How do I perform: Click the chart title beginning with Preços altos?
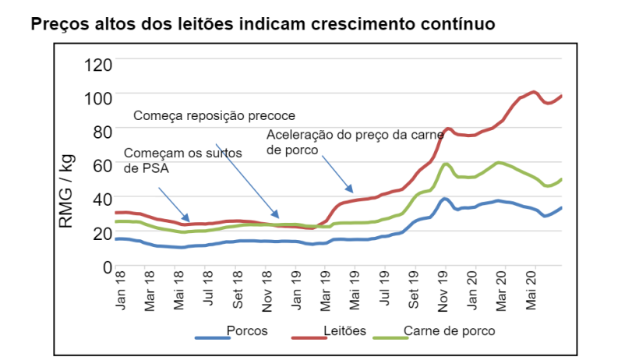point(263,23)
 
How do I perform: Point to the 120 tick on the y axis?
point(97,64)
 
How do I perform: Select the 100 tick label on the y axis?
point(97,97)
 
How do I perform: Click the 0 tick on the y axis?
point(108,266)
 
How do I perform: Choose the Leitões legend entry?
point(344,330)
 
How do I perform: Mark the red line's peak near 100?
point(534,92)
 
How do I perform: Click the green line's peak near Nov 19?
point(446,164)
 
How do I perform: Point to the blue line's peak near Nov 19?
point(445,198)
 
